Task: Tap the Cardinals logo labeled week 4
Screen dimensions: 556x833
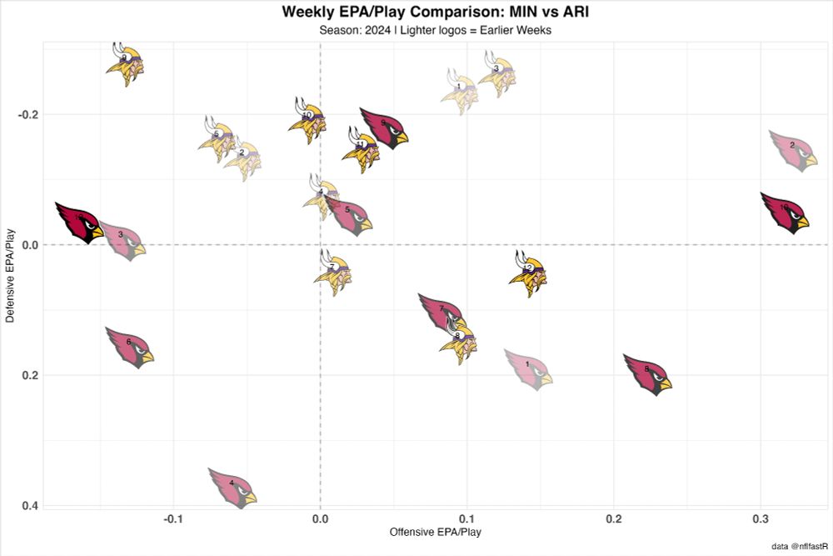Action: tap(232, 487)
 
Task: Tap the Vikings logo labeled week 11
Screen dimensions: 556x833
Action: tap(362, 149)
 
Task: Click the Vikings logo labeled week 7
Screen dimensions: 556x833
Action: tap(332, 273)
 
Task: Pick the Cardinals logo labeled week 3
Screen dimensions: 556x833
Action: tap(122, 241)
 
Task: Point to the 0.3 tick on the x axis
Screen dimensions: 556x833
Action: tap(760, 518)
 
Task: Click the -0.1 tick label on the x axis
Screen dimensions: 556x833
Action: tap(173, 518)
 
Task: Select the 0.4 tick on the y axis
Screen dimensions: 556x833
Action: tap(27, 505)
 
